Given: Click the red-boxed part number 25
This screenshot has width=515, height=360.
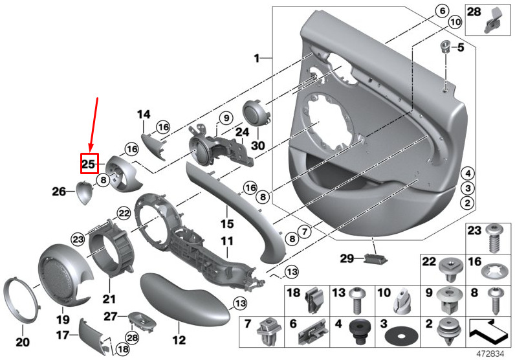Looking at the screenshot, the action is (x=89, y=164).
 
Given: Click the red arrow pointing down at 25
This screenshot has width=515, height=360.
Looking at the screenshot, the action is (x=93, y=126).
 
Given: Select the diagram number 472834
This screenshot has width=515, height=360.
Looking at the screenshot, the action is (x=490, y=354).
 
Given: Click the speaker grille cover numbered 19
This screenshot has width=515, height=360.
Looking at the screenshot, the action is (x=62, y=275).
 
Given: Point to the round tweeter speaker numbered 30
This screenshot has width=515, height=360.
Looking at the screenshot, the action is (x=256, y=113).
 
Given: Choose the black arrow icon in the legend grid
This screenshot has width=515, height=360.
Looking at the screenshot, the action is (x=488, y=332).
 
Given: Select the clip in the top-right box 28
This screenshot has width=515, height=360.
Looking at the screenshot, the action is (x=492, y=21).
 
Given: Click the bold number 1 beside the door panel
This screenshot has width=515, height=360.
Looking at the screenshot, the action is (x=256, y=58).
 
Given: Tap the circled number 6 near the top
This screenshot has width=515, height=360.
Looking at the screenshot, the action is (x=443, y=11).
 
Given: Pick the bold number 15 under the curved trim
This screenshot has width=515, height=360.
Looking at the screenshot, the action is (x=227, y=224).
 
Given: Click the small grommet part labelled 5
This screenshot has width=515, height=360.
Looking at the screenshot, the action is (x=445, y=46).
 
